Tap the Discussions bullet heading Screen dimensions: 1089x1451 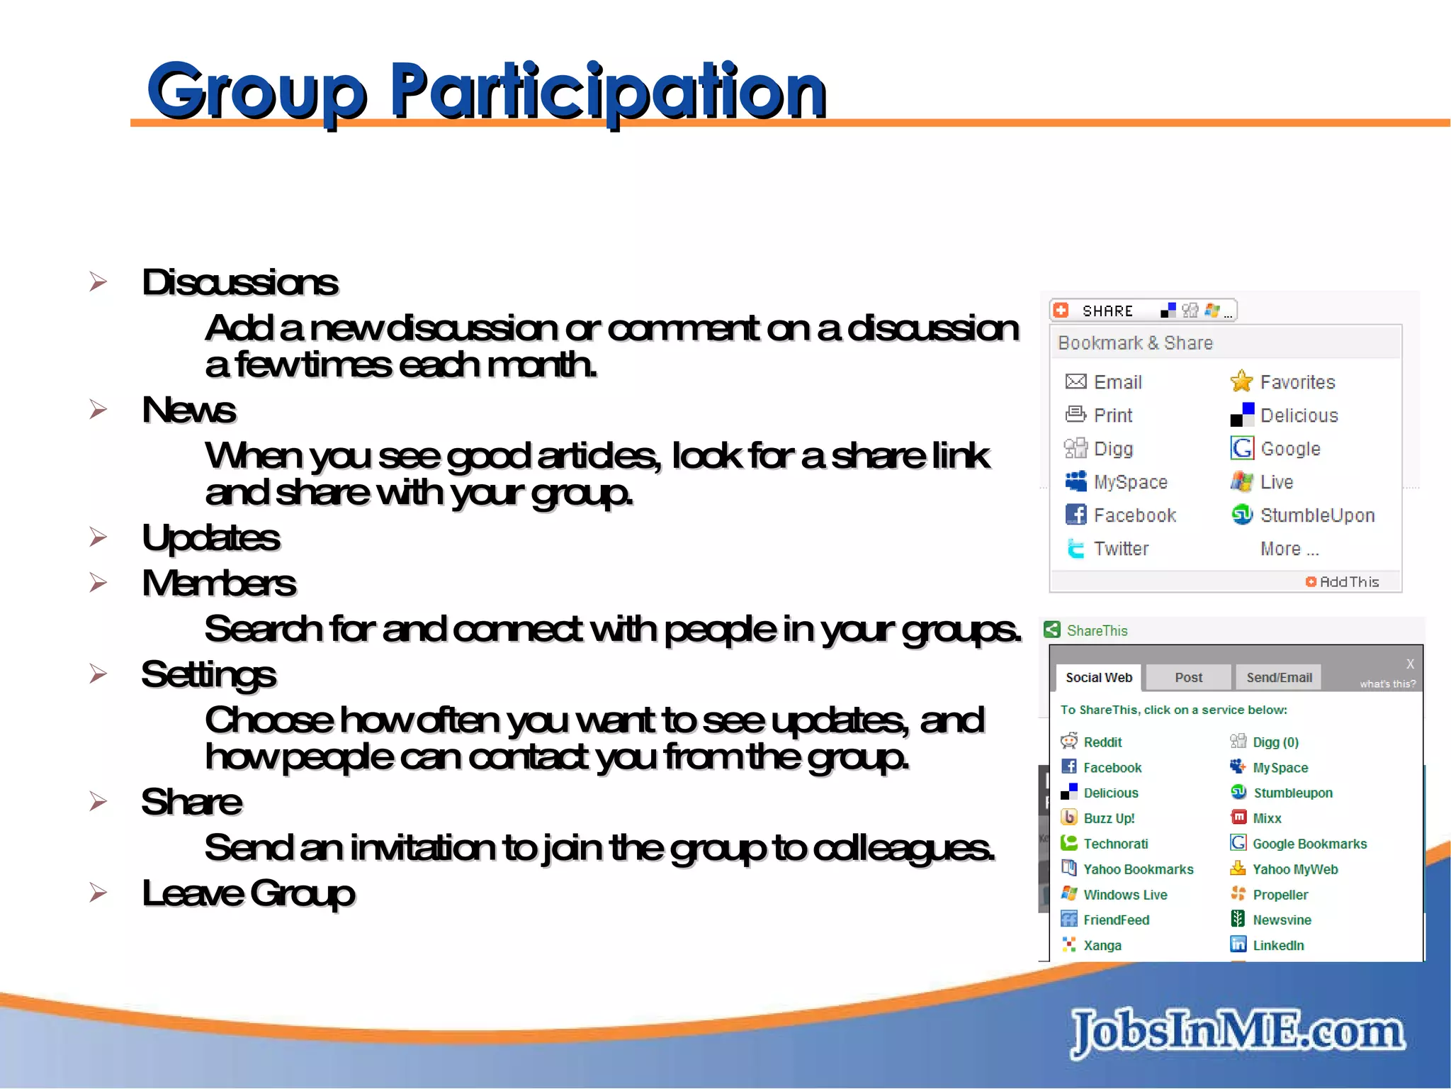tap(239, 282)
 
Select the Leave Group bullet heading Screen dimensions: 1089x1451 tap(248, 893)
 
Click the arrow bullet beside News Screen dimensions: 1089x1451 tap(98, 409)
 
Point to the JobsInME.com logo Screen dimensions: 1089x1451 tap(1237, 1031)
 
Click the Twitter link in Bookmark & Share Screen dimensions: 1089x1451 tap(1120, 549)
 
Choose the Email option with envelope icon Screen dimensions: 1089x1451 tap(1117, 382)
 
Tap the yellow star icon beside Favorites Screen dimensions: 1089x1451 tap(1241, 381)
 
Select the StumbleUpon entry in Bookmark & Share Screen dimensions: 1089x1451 tap(1316, 515)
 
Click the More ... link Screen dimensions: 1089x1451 tap(1289, 549)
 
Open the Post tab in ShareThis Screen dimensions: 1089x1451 tap(1188, 677)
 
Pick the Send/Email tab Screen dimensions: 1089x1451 tap(1279, 677)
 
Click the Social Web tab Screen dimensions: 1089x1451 tap(1098, 677)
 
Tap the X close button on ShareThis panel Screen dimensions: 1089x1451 tap(1410, 664)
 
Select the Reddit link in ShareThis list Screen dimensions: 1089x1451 tap(1102, 742)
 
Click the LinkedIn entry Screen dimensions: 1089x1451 tap(1277, 945)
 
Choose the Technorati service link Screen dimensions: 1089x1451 tap(1115, 844)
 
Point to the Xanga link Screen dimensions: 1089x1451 tap(1102, 945)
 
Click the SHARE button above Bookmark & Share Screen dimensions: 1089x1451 tap(1107, 311)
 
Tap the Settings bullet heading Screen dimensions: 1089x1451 tap(208, 674)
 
